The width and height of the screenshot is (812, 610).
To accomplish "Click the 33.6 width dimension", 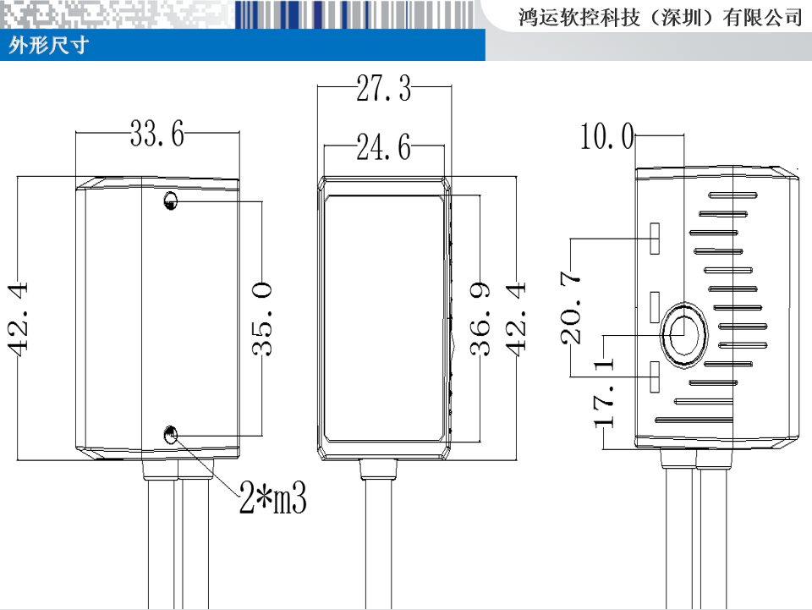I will pos(156,134).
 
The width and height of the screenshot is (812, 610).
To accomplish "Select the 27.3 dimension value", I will pos(383,88).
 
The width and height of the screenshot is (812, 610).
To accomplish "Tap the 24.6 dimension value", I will pos(383,149).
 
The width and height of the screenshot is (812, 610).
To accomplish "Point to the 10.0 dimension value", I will pos(606,136).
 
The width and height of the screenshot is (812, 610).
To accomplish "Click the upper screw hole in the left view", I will pos(171,202).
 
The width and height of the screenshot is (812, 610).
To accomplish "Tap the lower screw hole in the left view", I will pos(171,434).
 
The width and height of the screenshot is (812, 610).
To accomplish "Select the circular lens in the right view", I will pos(683,334).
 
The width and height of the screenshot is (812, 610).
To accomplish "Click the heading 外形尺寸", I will pos(48,46).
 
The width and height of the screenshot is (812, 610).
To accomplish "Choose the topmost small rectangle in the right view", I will pos(655,239).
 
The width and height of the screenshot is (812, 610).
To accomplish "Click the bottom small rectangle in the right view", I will pos(655,376).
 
